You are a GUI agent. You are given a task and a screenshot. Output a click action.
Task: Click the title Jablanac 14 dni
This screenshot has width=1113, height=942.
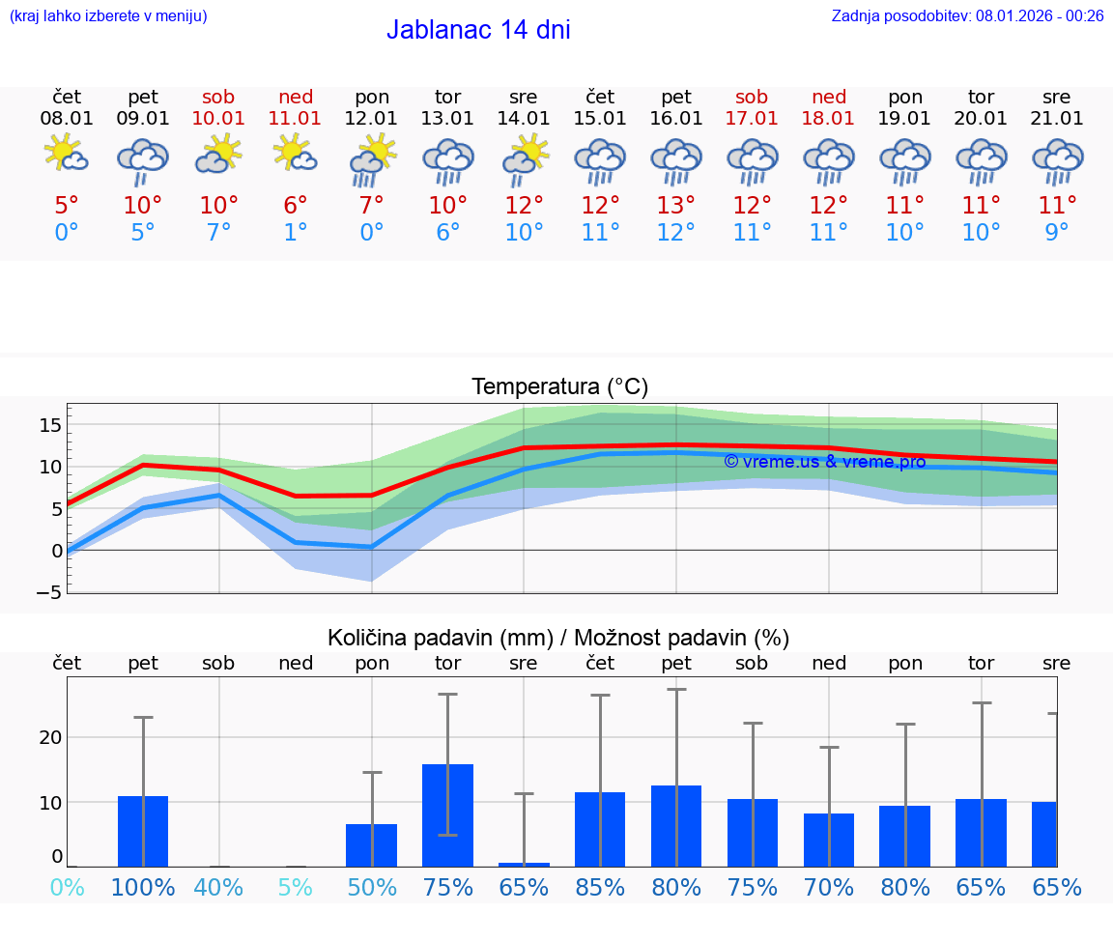point(478,30)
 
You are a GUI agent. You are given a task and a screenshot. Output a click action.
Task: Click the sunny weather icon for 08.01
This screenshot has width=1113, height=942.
point(66,155)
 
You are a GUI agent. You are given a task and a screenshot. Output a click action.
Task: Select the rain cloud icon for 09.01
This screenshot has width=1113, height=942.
point(143,159)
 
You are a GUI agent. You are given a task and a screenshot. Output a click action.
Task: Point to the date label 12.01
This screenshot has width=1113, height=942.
point(371,119)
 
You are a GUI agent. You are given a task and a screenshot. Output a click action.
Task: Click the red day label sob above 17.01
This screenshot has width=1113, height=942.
point(752,97)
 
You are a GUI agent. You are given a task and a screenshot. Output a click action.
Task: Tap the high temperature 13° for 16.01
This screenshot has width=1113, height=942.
point(676,205)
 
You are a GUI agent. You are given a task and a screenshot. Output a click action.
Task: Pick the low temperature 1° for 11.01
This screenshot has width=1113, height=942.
point(296,232)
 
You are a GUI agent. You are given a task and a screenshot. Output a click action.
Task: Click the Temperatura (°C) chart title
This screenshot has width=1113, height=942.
point(559,386)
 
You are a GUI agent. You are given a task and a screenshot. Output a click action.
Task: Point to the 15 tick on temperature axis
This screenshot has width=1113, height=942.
point(50,424)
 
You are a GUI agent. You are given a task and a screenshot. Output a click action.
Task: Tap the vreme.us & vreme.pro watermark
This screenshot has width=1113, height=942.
point(825,462)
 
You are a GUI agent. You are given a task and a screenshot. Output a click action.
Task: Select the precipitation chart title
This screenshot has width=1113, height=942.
point(558,638)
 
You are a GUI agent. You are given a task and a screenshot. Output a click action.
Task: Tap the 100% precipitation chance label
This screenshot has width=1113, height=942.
point(143,888)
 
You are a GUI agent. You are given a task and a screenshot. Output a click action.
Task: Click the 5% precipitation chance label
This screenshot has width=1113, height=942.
point(296,888)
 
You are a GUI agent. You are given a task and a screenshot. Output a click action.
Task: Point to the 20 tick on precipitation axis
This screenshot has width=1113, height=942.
point(50,737)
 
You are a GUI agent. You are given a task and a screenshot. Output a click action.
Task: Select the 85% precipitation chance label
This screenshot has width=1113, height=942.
point(600,888)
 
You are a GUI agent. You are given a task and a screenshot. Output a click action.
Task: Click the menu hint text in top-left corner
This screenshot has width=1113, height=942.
point(107,15)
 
